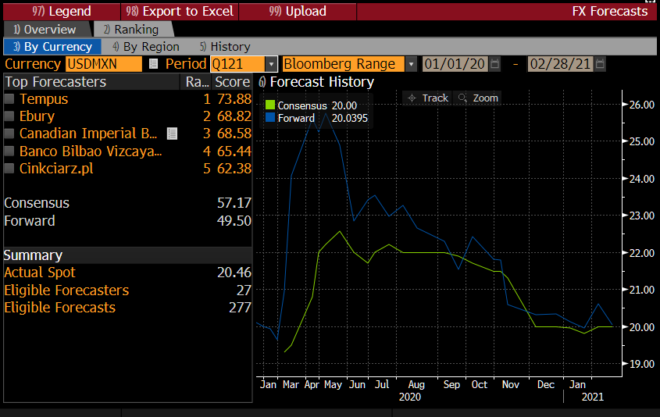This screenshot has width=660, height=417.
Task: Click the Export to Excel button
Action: pyautogui.click(x=179, y=11)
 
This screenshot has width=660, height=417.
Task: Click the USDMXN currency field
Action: pyautogui.click(x=103, y=64)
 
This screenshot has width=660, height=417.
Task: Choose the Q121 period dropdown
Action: pyautogui.click(x=243, y=64)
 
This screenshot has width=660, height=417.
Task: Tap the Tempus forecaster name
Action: pyautogui.click(x=44, y=99)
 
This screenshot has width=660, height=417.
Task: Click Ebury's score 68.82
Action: pyautogui.click(x=233, y=116)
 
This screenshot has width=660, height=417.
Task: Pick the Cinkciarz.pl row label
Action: pyautogui.click(x=56, y=169)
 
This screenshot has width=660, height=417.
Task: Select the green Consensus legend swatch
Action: pyautogui.click(x=270, y=105)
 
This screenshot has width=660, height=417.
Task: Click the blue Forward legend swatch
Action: pyautogui.click(x=270, y=118)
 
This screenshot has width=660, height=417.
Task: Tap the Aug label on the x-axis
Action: pyautogui.click(x=416, y=384)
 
